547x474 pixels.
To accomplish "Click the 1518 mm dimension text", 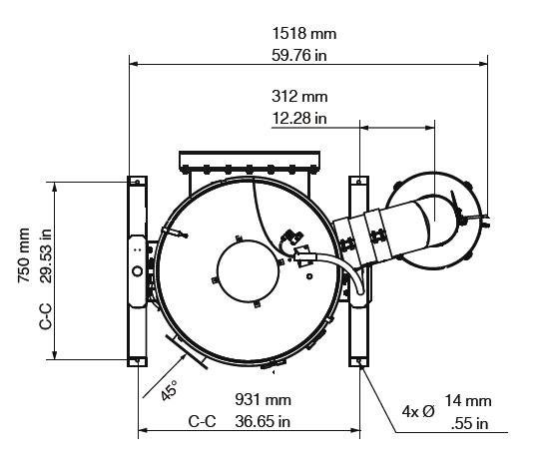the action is [x=303, y=34].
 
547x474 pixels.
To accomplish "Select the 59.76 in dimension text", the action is [x=299, y=56].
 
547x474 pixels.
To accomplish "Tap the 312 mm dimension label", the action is [x=299, y=97].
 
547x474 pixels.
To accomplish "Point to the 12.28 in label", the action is [x=299, y=118].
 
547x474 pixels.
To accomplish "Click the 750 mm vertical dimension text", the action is [x=24, y=255].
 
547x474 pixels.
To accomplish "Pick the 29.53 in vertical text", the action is [x=45, y=255].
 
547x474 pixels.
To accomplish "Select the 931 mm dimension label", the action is [x=264, y=400].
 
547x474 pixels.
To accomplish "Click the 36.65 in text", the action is [x=263, y=422].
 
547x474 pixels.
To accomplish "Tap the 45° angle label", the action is [x=170, y=390].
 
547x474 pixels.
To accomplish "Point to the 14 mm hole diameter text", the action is [x=468, y=401].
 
